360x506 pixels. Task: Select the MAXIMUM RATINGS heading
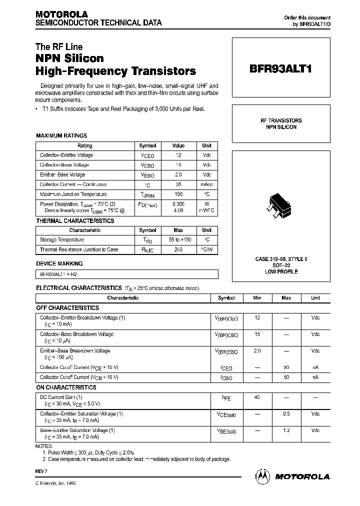pyautogui.click(x=61, y=135)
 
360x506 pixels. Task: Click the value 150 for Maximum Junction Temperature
pyautogui.click(x=178, y=194)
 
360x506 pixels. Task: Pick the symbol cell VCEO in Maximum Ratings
pyautogui.click(x=147, y=155)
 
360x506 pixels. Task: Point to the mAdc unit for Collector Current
pyautogui.click(x=206, y=184)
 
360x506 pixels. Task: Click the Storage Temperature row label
pyautogui.click(x=62, y=240)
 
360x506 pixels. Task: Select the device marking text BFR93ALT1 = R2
pyautogui.click(x=58, y=273)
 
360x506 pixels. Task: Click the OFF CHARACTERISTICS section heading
pyautogui.click(x=67, y=308)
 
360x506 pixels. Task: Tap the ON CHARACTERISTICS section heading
pyautogui.click(x=66, y=387)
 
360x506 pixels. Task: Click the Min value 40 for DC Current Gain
pyautogui.click(x=257, y=397)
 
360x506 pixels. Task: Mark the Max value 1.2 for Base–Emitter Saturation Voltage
pyautogui.click(x=286, y=430)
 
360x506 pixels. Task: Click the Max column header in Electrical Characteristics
pyautogui.click(x=286, y=298)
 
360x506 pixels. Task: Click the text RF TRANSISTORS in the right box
pyautogui.click(x=281, y=120)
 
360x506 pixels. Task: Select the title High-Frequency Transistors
pyautogui.click(x=115, y=71)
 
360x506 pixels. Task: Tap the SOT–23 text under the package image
pyautogui.click(x=281, y=265)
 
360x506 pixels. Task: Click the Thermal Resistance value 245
pyautogui.click(x=178, y=249)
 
